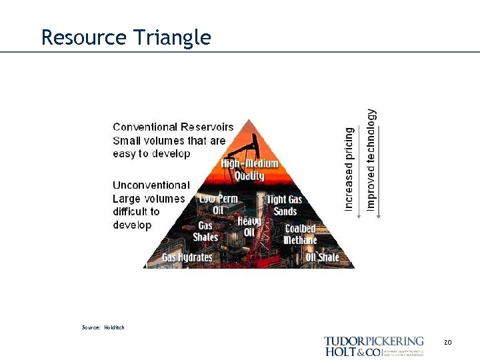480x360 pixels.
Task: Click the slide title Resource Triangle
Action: pyautogui.click(x=125, y=37)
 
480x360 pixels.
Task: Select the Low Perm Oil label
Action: pyautogui.click(x=219, y=204)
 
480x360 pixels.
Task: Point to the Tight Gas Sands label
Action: pyautogui.click(x=285, y=205)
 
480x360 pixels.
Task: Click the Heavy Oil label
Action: pyautogui.click(x=249, y=226)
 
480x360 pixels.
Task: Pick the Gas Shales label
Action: pyautogui.click(x=205, y=231)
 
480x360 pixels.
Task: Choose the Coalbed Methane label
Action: pyautogui.click(x=299, y=234)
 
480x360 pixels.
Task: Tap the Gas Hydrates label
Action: pyautogui.click(x=187, y=257)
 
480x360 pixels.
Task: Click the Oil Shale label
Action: pyautogui.click(x=322, y=257)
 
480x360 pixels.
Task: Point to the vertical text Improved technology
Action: pyautogui.click(x=371, y=160)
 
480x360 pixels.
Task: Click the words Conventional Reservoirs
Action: pyautogui.click(x=173, y=127)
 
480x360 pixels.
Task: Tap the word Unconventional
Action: pyautogui.click(x=151, y=185)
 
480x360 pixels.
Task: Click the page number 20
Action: pyautogui.click(x=447, y=342)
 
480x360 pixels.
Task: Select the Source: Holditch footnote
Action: pyautogui.click(x=103, y=327)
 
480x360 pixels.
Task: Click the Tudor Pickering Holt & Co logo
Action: pyautogui.click(x=373, y=346)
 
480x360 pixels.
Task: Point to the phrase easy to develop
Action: pyautogui.click(x=151, y=153)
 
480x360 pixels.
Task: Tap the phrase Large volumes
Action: pyautogui.click(x=149, y=199)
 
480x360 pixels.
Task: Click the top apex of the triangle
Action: pyautogui.click(x=249, y=120)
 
